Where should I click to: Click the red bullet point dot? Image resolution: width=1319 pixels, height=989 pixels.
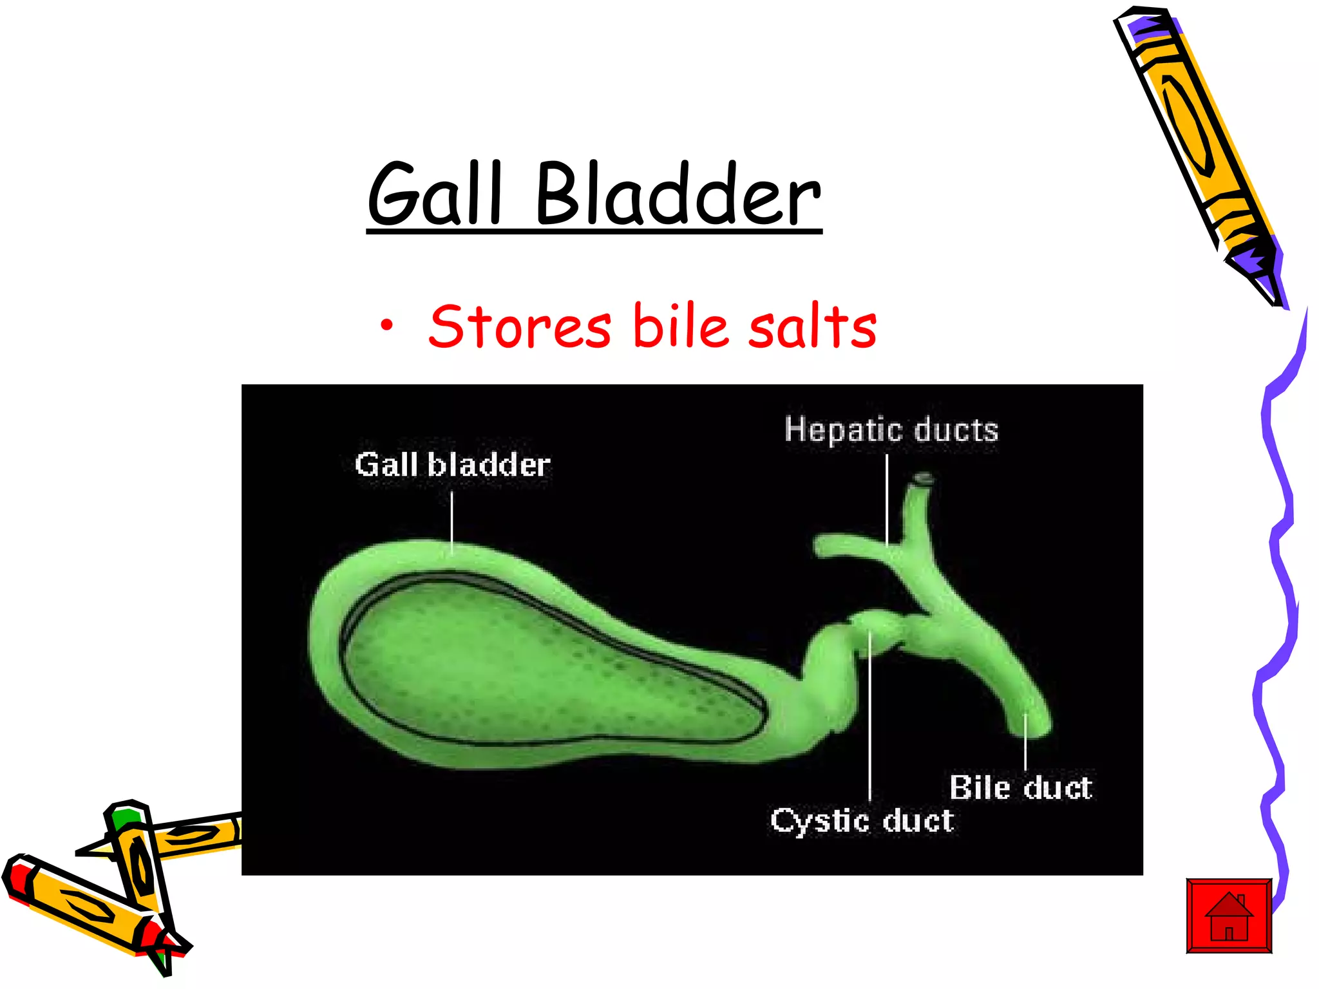[x=386, y=326]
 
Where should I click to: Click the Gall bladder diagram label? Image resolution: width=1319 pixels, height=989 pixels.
[x=452, y=465]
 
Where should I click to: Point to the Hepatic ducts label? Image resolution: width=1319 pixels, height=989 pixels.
[x=891, y=430]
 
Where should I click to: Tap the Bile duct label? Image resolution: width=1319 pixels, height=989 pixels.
[x=1021, y=787]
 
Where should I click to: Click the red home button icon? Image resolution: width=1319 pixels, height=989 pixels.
[x=1229, y=915]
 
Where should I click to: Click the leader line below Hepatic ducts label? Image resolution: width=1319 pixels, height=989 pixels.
[x=887, y=499]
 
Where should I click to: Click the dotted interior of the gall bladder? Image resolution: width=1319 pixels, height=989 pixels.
[x=515, y=663]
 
